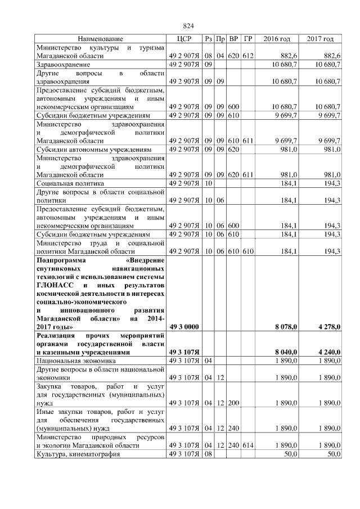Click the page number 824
coord(188,26)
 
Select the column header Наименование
coord(100,39)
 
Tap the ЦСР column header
coord(184,39)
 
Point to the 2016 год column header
coord(277,39)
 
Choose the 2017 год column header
coord(320,39)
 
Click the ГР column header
coord(248,39)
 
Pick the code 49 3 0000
coord(184,326)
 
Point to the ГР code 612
coord(248,57)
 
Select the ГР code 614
coord(248,445)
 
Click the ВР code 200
coord(234,403)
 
